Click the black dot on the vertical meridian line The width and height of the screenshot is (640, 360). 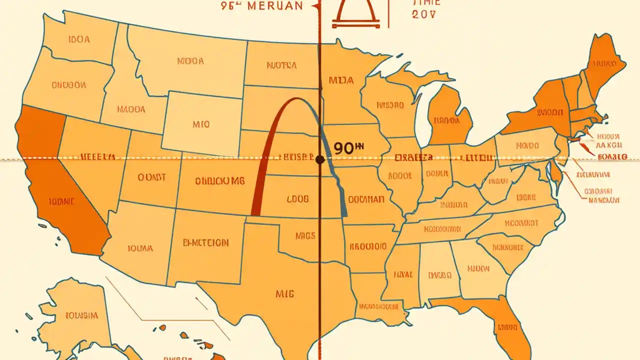[x=320, y=159]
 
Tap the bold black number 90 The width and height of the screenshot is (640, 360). [x=345, y=148]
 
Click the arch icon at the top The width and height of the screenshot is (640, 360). [x=356, y=12]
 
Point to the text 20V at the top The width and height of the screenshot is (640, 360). [x=424, y=14]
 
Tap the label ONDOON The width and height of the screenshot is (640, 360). [x=68, y=85]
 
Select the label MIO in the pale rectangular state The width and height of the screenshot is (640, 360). [x=200, y=124]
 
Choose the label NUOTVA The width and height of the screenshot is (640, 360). [x=281, y=65]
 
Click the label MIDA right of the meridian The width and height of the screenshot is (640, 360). [x=341, y=80]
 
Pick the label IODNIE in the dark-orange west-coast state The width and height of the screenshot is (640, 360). [x=62, y=201]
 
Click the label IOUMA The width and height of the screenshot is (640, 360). [x=140, y=248]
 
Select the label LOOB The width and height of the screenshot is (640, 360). [x=298, y=198]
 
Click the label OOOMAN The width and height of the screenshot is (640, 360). [x=366, y=199]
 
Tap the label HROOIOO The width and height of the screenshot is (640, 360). [x=368, y=246]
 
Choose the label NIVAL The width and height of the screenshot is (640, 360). [x=403, y=274]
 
